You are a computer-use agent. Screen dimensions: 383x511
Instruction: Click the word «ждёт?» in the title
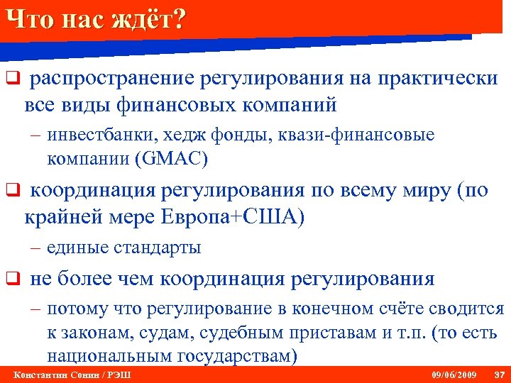tap(150, 20)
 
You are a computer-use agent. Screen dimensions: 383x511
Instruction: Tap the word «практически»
tap(436, 79)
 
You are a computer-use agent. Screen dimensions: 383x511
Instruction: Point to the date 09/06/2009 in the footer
tap(454, 374)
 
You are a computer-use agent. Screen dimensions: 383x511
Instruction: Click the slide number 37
tap(498, 374)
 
